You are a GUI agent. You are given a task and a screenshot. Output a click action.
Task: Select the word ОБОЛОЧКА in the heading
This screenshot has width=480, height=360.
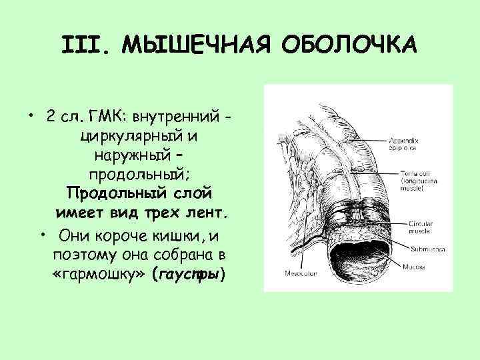pyautogui.click(x=349, y=46)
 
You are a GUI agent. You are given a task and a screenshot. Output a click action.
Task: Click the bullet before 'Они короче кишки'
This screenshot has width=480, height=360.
pyautogui.click(x=42, y=235)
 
